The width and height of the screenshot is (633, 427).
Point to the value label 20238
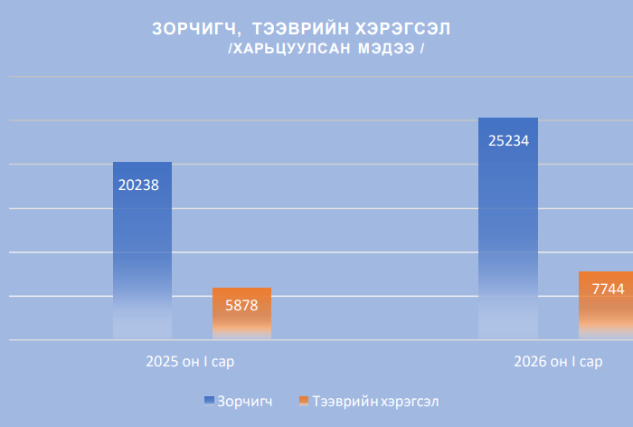[138, 185]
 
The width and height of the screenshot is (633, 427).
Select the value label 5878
[241, 305]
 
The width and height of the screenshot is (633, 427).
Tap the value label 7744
[608, 289]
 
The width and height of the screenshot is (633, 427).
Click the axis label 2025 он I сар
[196, 362]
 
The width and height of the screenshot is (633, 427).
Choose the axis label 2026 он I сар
[558, 362]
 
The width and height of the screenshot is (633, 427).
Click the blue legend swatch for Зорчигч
[209, 400]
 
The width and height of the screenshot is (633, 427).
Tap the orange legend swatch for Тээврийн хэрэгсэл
[304, 400]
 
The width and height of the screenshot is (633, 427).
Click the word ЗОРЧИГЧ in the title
[192, 29]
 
